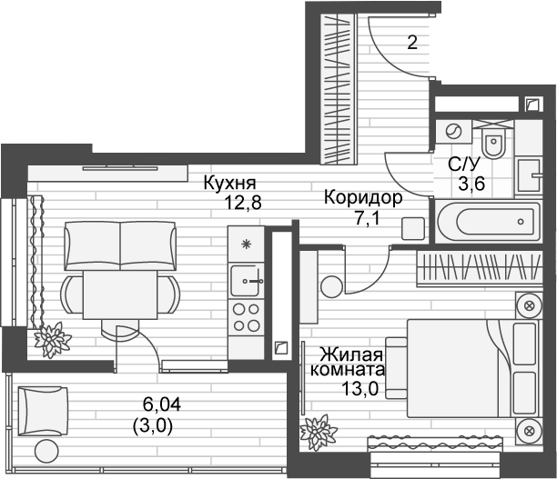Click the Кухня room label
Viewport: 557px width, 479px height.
(229, 184)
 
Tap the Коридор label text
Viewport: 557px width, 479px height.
(363, 198)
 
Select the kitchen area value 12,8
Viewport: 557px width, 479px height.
(243, 203)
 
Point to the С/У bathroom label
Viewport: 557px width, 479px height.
(463, 165)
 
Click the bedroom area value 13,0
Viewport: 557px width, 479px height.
(360, 389)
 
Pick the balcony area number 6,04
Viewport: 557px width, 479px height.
(162, 404)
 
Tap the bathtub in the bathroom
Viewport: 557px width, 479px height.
(488, 222)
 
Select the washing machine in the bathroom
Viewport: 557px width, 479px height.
(453, 132)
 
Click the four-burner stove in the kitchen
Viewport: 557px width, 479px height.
(246, 317)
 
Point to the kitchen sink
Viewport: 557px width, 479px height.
(246, 281)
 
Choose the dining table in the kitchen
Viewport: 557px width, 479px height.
(120, 294)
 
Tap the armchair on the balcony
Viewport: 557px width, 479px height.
(43, 411)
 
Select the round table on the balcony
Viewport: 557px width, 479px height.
(46, 451)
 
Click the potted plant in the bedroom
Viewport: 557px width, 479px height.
(318, 432)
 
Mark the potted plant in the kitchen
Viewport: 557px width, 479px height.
(53, 339)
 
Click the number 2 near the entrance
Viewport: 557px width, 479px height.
(412, 43)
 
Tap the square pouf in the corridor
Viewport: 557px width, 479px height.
(413, 229)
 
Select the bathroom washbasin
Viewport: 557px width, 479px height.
(529, 175)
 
